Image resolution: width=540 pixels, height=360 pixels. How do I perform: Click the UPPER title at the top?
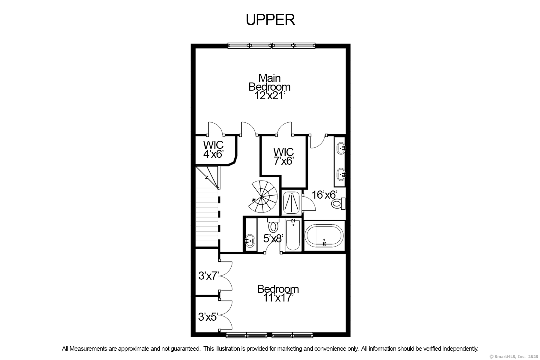click(x=270, y=20)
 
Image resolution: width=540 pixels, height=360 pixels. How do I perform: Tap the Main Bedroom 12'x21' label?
click(x=269, y=87)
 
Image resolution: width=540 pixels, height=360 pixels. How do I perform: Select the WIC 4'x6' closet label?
click(x=213, y=149)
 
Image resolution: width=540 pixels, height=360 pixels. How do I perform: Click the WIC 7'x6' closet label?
click(x=283, y=156)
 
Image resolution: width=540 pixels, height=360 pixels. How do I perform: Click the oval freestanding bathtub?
click(x=324, y=236)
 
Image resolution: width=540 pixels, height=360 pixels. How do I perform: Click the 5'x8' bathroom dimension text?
click(x=273, y=238)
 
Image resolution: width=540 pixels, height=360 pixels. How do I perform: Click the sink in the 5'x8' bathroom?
click(x=250, y=240)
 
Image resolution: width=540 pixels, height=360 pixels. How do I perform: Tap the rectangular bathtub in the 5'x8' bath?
click(x=293, y=235)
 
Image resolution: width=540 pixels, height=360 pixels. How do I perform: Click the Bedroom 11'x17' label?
click(x=278, y=293)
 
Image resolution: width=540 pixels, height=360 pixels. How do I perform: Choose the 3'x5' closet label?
click(x=208, y=317)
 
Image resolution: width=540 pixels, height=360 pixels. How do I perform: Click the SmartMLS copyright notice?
click(x=514, y=357)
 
